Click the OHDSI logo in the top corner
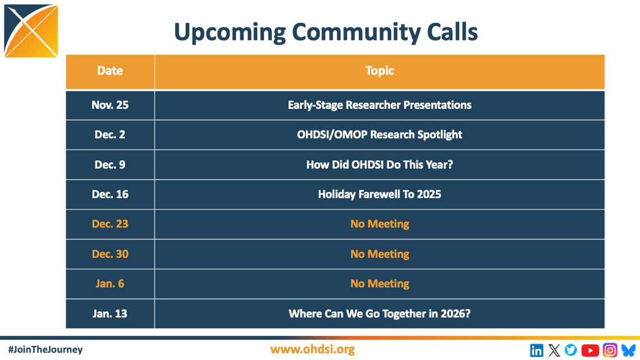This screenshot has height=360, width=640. (x=31, y=31)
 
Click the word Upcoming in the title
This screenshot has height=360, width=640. (x=230, y=33)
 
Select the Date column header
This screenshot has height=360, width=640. (x=110, y=71)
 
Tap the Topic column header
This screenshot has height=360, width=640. (x=380, y=71)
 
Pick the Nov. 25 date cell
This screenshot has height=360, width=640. (x=110, y=105)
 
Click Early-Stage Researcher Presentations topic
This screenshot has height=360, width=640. (x=380, y=106)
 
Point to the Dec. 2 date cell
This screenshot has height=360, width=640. (x=110, y=135)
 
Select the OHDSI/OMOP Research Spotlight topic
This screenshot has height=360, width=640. (x=380, y=135)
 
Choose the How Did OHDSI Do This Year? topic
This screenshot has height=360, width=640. (x=380, y=165)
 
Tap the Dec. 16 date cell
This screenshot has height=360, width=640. (x=110, y=194)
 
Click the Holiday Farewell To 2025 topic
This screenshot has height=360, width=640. (x=380, y=194)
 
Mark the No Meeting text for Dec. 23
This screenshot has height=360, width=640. (x=380, y=224)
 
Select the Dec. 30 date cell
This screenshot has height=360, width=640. (x=110, y=254)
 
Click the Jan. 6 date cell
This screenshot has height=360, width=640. (x=110, y=284)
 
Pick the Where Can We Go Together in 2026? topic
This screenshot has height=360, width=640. (x=380, y=313)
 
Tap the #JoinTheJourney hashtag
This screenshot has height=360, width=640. (x=45, y=349)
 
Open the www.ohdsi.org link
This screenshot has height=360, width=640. (x=312, y=349)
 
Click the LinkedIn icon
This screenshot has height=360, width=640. (x=536, y=350)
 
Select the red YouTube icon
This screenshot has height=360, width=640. (x=590, y=350)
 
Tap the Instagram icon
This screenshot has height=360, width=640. (x=610, y=350)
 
